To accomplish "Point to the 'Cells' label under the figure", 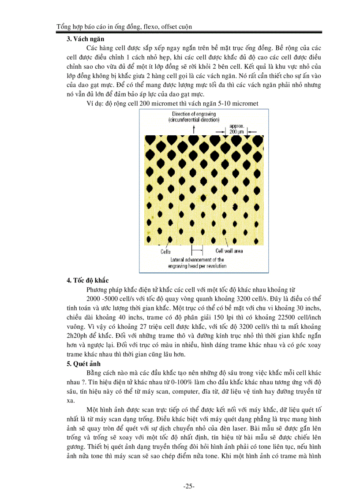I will point(165,252).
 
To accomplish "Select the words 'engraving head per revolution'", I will point(197,266).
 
